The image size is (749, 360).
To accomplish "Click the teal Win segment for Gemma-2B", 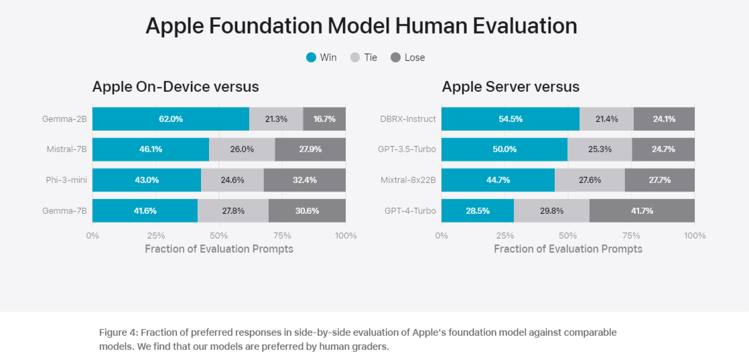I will coord(171,119).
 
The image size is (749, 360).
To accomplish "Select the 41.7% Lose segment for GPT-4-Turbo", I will coord(642,211).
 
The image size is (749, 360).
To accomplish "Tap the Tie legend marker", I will coord(355,58).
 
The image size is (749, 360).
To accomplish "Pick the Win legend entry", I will coord(321,58).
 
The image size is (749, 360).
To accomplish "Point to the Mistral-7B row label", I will coord(67,149).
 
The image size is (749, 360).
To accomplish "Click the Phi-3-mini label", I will coord(66,180).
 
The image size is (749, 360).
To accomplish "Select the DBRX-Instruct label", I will coord(407,119).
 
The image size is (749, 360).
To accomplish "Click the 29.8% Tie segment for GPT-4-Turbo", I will coord(551,211).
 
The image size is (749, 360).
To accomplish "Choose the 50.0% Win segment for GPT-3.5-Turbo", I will coord(504,149).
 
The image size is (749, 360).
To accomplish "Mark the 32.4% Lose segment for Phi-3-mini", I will coord(304,180).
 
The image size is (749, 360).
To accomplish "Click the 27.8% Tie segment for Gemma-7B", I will coord(232,211).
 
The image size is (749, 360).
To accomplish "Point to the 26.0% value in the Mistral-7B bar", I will coord(241,149).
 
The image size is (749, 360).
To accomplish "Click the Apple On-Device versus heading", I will coord(176,86).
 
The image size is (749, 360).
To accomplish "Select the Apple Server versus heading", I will coord(510,86).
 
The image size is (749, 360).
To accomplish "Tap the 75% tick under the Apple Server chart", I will coord(631,235).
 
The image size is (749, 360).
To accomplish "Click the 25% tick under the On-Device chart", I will coord(155,235).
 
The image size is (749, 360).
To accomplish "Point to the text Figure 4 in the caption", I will coord(118,333).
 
